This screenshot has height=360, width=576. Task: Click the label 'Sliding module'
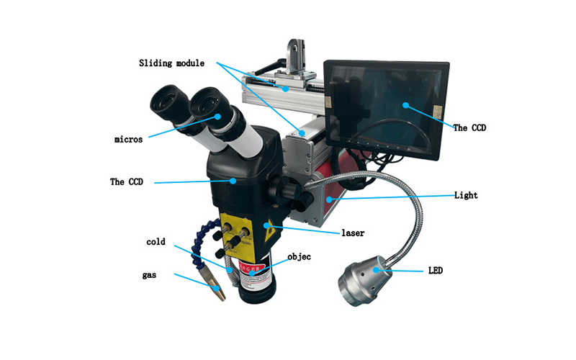[x=171, y=63]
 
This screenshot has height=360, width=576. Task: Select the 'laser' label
[x=354, y=233]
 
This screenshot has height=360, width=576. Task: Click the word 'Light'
[x=466, y=196]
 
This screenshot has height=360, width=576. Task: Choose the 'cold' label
[x=156, y=242]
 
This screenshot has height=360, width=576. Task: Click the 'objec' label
[x=300, y=256]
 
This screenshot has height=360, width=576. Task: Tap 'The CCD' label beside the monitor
[x=469, y=128]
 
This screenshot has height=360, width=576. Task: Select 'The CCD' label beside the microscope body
[x=127, y=182]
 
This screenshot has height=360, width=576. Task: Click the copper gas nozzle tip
[x=216, y=291]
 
